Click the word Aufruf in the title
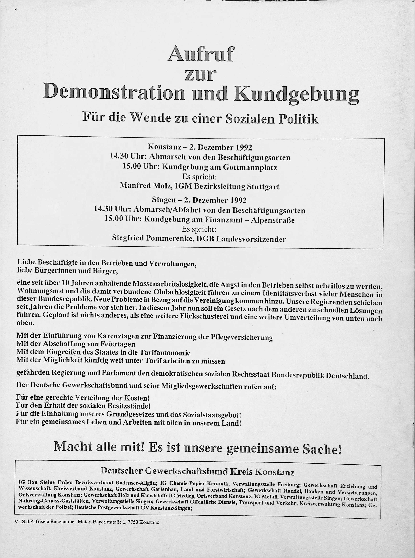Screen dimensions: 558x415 point(200,54)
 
